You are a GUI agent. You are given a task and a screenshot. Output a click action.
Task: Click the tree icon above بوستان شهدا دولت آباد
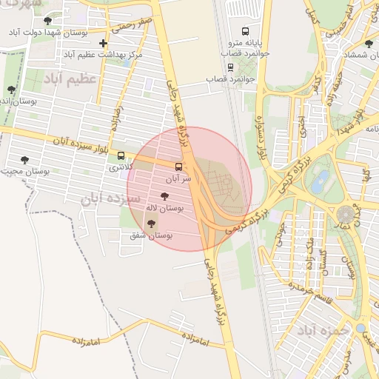pyautogui.click(x=49, y=21)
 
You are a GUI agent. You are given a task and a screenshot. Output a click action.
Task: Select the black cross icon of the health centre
pyautogui.click(x=103, y=44)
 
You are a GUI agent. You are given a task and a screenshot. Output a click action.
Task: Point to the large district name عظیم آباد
pyautogui.click(x=71, y=79)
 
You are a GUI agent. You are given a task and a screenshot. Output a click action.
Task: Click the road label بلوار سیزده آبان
pyautogui.click(x=81, y=140)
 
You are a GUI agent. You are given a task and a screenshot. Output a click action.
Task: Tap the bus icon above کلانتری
pyautogui.click(x=121, y=155)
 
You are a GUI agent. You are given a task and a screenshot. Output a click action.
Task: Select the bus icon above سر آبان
pyautogui.click(x=178, y=167)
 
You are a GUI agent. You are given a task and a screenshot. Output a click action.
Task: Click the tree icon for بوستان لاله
pyautogui.click(x=164, y=197)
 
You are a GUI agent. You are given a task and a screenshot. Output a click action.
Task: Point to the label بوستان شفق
pyautogui.click(x=151, y=235)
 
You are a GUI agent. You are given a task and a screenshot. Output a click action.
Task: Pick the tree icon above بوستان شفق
pyautogui.click(x=151, y=223)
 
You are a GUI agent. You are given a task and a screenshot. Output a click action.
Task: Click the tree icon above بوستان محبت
pyautogui.click(x=25, y=160)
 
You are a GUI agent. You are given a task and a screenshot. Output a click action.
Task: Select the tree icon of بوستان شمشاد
pyautogui.click(x=369, y=44)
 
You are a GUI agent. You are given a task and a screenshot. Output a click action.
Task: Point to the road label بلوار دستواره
pyautogui.click(x=261, y=140)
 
